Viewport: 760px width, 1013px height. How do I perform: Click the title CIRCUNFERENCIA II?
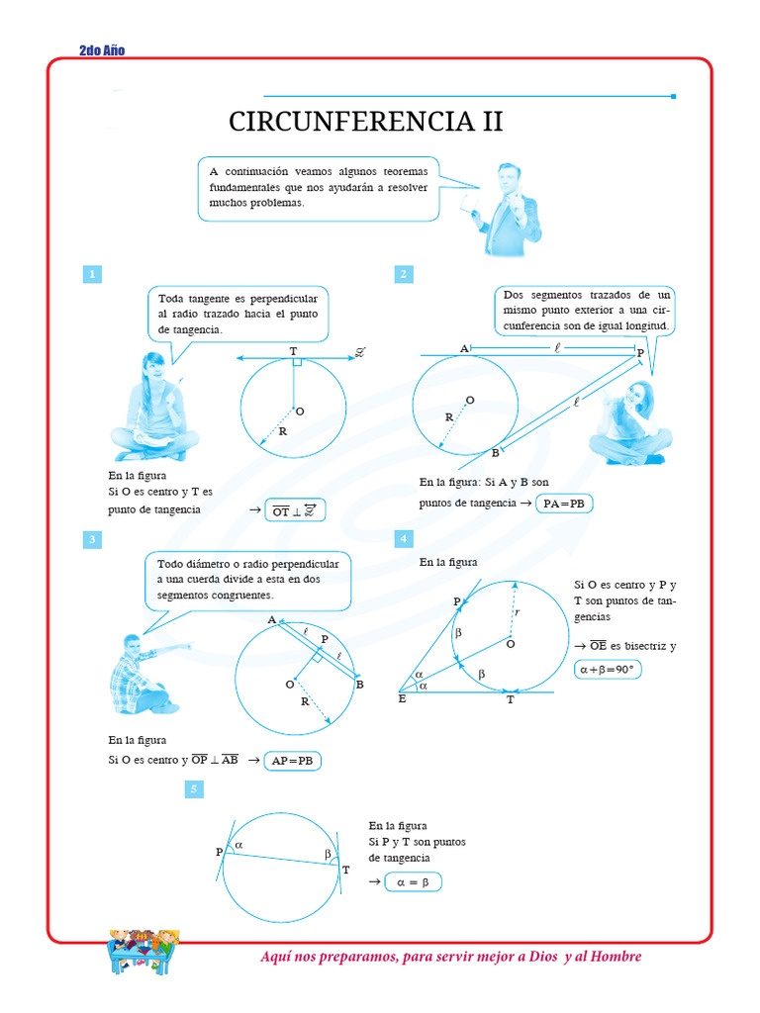(365, 122)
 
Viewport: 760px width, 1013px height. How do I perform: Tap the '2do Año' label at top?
(101, 50)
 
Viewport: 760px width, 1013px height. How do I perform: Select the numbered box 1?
(91, 274)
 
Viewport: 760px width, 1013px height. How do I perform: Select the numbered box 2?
(404, 274)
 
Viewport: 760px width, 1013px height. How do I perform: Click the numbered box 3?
(91, 539)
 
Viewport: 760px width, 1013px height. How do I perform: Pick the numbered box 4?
(404, 539)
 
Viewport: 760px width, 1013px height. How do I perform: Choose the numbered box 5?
(195, 788)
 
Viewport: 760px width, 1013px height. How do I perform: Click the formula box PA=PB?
(565, 504)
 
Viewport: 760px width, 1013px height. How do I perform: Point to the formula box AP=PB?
(293, 761)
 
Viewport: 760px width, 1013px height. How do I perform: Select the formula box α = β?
(413, 882)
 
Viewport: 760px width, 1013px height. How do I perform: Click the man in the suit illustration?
(508, 210)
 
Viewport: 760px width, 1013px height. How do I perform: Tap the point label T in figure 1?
(293, 351)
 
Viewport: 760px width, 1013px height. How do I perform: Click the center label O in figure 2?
(469, 400)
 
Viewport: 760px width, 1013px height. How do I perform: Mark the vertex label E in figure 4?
(402, 699)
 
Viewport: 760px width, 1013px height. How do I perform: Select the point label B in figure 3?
(359, 685)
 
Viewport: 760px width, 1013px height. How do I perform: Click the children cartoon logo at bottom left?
(142, 951)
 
